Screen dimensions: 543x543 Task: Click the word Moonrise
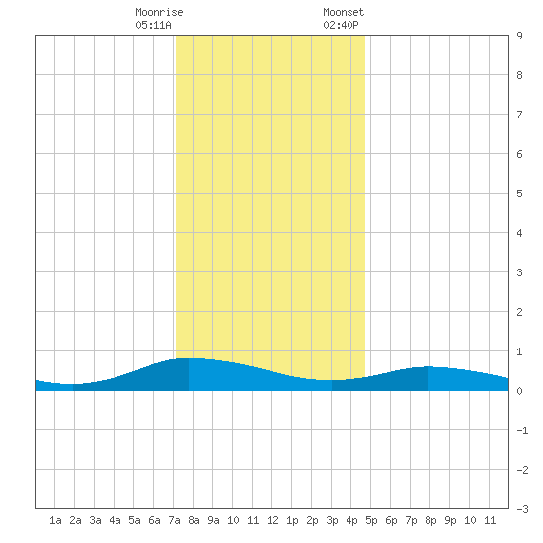coord(159,12)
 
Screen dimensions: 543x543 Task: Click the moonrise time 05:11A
coord(153,25)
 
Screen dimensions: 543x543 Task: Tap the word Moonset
coord(344,12)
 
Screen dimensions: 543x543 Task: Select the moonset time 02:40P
coord(341,25)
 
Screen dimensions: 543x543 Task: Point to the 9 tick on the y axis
coord(519,36)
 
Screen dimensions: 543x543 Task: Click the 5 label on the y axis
coord(519,194)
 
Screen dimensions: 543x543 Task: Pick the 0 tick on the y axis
coord(519,391)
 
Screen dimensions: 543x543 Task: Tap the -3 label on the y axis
coord(522,509)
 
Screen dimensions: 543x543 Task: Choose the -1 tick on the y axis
coord(522,430)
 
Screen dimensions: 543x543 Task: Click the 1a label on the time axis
coord(55,520)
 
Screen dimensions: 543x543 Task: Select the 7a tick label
coord(174,520)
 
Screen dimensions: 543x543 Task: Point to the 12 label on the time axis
coord(272,520)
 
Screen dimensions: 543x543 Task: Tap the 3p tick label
coord(332,520)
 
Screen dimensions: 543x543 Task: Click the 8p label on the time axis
coord(430,520)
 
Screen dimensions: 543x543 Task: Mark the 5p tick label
coord(371,520)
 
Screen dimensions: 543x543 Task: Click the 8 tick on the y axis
coord(519,75)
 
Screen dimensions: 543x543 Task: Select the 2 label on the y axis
coord(519,312)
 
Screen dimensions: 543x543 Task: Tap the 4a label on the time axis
coord(115,520)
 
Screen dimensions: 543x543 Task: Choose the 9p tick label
coord(450,520)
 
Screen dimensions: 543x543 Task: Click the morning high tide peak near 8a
coord(189,358)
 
